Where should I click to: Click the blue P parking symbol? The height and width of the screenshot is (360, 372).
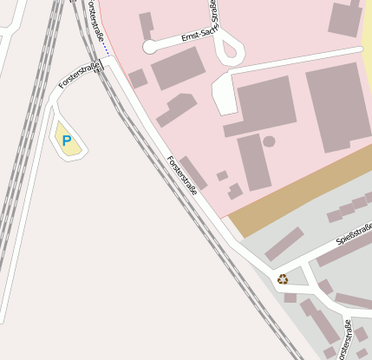click(x=66, y=140)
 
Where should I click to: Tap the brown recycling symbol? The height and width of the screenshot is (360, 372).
click(x=283, y=278)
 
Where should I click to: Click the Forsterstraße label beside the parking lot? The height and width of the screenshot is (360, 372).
click(x=77, y=76)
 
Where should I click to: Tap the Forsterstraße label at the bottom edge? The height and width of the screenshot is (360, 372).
click(x=344, y=341)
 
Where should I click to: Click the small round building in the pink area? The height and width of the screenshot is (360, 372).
click(x=269, y=141)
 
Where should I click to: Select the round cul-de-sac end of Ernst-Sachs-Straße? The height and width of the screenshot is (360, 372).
click(x=149, y=46)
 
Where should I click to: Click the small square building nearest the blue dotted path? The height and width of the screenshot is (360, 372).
click(x=137, y=79)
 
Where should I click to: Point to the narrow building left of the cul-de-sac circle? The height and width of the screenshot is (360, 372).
click(x=145, y=23)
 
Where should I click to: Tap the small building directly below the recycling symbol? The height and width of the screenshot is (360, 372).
click(x=290, y=298)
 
